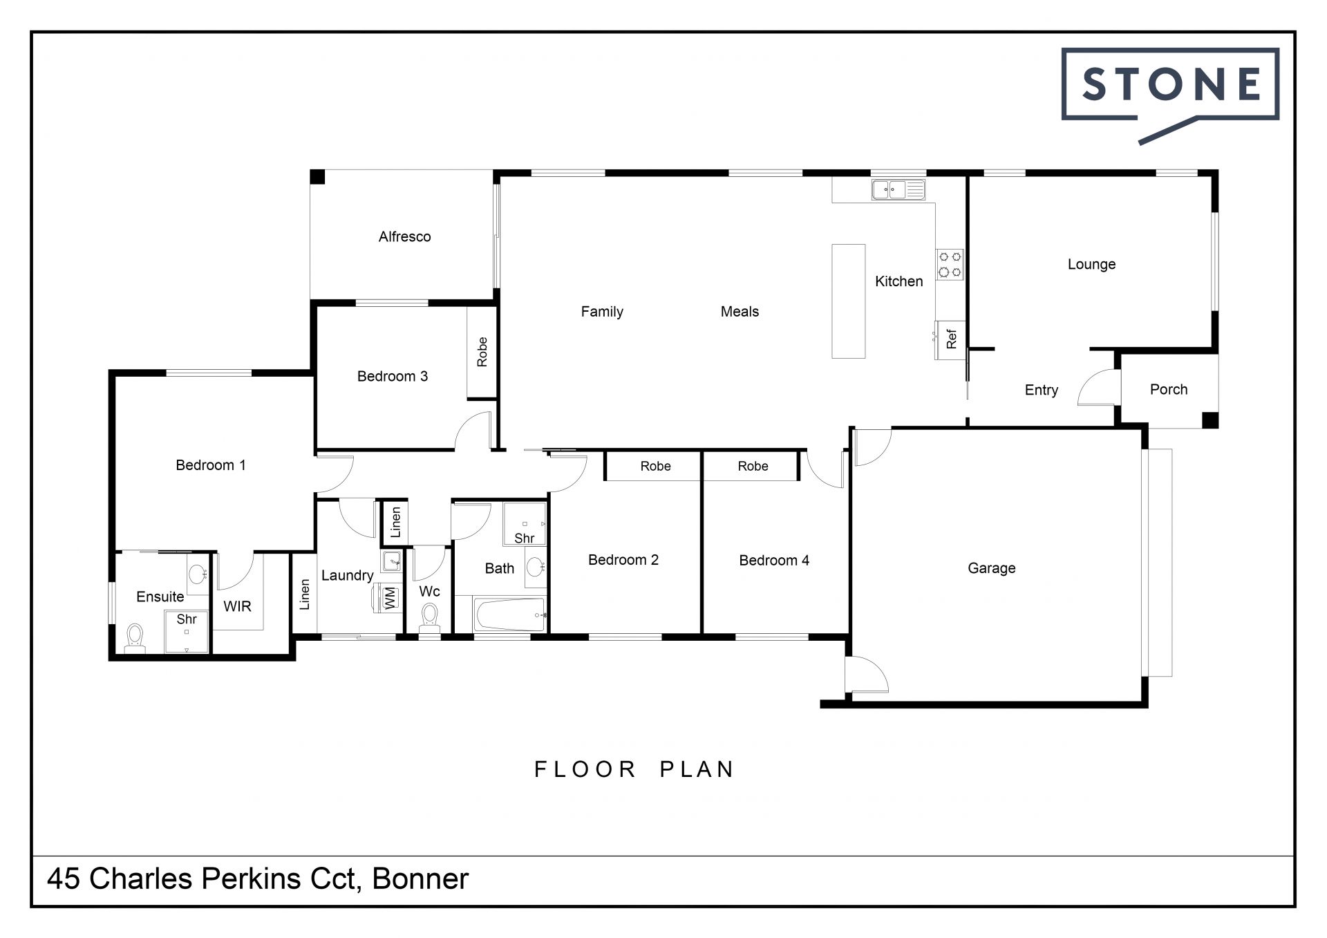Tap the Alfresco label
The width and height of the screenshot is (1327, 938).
pos(404,236)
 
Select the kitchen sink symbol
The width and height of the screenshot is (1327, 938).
pos(898,189)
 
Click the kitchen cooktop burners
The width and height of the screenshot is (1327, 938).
pos(950,265)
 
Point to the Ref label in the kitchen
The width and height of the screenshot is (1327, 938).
pos(952,339)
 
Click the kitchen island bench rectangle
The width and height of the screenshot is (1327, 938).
pos(848,301)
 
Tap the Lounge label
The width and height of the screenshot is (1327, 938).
pos(1091,264)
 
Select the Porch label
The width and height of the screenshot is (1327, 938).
pos(1169,389)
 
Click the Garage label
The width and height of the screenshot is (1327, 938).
pos(991,568)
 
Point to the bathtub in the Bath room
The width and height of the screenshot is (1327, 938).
pos(510,615)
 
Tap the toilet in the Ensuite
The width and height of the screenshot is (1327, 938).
pos(134,638)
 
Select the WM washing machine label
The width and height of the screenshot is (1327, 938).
pos(390,597)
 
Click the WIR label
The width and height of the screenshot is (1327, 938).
pos(237,606)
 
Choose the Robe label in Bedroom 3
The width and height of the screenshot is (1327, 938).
pos(482,352)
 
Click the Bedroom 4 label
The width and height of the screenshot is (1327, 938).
pos(774,560)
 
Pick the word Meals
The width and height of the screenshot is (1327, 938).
pos(740,312)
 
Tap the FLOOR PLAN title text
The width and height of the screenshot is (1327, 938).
pos(634,769)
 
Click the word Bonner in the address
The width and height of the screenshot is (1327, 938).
pos(420,879)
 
